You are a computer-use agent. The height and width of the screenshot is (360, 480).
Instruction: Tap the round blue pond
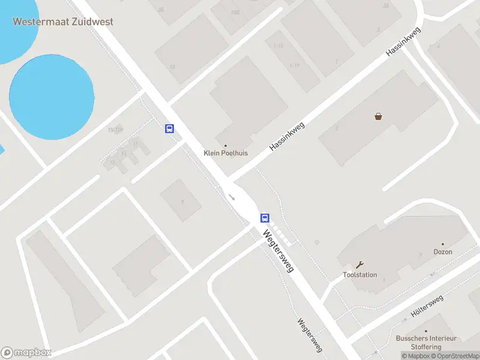pyautogui.click(x=52, y=96)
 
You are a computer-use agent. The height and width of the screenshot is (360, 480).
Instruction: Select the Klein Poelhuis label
pyautogui.click(x=226, y=153)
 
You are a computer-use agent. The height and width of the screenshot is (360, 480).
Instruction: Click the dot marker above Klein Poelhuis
pyautogui.click(x=226, y=145)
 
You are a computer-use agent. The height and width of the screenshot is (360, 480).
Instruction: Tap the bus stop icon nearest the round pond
pyautogui.click(x=170, y=128)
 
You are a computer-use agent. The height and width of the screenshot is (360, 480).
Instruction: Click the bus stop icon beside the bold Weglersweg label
pyautogui.click(x=265, y=218)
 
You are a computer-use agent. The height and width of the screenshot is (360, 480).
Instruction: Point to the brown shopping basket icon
pyautogui.click(x=378, y=116)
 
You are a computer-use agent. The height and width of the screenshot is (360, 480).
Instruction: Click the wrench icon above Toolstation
pyautogui.click(x=360, y=265)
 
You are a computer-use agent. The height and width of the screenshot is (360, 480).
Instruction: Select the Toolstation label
pyautogui.click(x=360, y=275)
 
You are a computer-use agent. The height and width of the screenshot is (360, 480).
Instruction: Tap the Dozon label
pyautogui.click(x=443, y=252)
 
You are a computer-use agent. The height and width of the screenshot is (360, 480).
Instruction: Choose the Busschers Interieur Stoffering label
pyautogui.click(x=426, y=342)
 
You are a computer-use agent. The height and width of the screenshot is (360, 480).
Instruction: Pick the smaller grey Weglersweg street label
pyautogui.click(x=310, y=335)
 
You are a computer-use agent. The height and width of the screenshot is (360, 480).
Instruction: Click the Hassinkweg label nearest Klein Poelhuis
pyautogui.click(x=287, y=136)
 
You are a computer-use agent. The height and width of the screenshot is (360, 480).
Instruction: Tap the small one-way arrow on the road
pyautogui.click(x=232, y=197)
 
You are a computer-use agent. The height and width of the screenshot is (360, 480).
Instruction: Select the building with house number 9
pyautogui.click(x=182, y=201)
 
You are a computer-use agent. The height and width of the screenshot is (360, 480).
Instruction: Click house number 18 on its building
pyautogui.click(x=172, y=66)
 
